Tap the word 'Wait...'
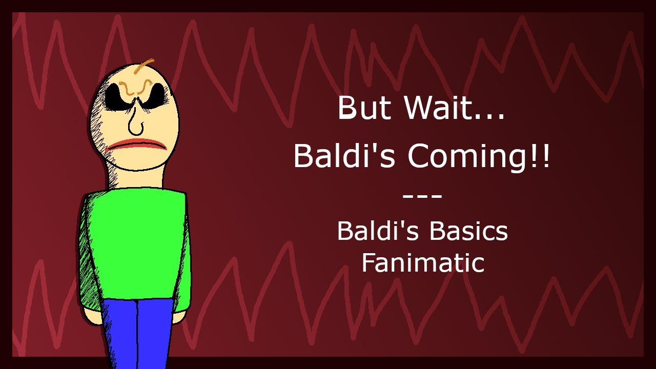454,108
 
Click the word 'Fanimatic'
423,263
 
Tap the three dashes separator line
422,196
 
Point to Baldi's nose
135,123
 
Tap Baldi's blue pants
137,328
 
